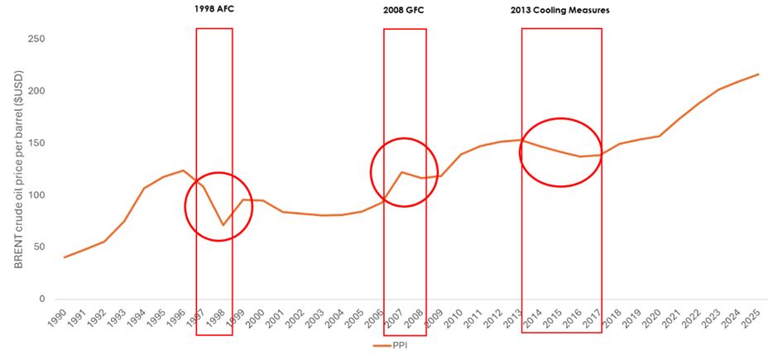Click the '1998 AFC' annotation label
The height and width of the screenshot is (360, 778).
214,11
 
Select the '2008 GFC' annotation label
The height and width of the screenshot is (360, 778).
404,11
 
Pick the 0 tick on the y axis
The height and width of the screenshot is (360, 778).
41,300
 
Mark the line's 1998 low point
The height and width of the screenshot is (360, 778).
223,225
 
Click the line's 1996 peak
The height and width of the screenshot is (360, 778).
183,170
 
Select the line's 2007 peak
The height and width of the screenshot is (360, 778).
401,172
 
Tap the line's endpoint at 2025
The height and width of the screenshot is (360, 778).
758,74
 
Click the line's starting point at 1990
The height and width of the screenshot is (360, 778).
65,257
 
